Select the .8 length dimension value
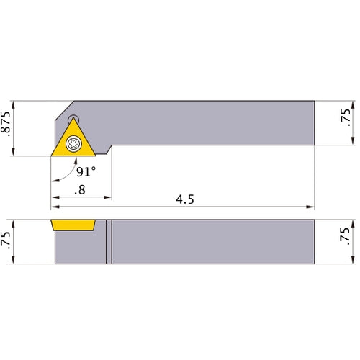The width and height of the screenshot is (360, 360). pyautogui.click(x=80, y=191)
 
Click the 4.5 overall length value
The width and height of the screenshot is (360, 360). pyautogui.click(x=186, y=199)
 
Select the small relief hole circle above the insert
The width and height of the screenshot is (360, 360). pyautogui.click(x=73, y=120)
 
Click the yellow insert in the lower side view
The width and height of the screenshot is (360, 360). pyautogui.click(x=73, y=225)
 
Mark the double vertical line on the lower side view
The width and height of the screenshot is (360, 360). pyautogui.click(x=109, y=241)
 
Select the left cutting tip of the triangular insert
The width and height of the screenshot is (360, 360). pyautogui.click(x=51, y=155)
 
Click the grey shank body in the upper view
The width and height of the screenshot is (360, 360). pyautogui.click(x=216, y=122)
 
